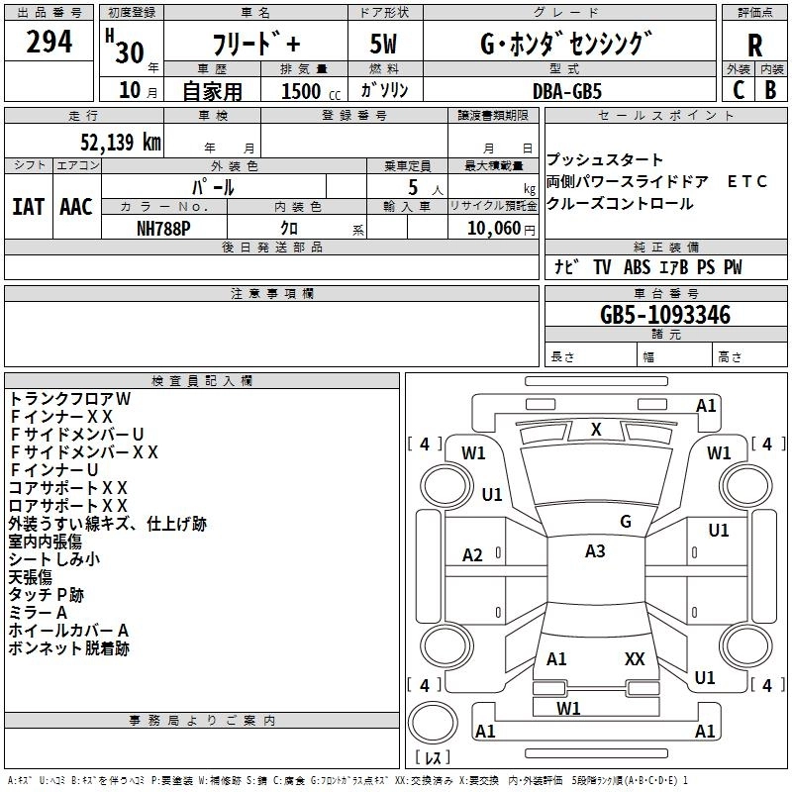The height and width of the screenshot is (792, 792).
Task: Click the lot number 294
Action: coord(49,43)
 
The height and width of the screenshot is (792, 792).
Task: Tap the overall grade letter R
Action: coord(754,46)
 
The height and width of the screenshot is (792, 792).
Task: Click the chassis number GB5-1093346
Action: coord(665,316)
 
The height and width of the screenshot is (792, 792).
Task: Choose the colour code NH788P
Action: coord(164,227)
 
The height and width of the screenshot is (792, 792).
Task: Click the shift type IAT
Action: coord(28,206)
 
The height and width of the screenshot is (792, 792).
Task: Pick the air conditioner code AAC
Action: coord(75,206)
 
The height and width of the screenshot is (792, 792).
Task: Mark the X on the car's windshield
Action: coord(596,430)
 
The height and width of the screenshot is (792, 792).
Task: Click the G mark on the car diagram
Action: coord(626,522)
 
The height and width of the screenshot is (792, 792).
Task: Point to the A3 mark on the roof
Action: coord(595,551)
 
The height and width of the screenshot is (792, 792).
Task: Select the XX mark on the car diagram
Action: coord(635,658)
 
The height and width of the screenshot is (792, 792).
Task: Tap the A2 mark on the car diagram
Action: coord(473,555)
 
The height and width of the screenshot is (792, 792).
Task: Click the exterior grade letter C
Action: coord(738,91)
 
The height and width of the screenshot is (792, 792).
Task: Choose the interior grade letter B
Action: coord(770,91)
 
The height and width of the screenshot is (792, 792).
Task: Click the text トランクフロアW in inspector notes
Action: coord(70,398)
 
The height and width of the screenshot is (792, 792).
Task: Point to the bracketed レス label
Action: coord(433,758)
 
